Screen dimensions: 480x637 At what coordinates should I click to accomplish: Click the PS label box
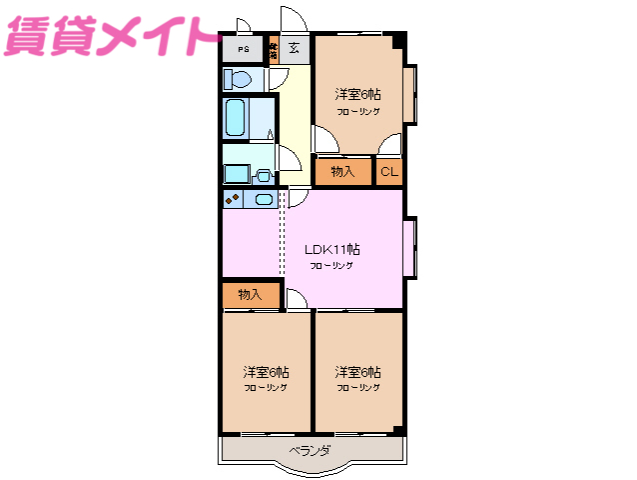(x=243, y=47)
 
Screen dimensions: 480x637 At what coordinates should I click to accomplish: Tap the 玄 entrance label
(x=295, y=47)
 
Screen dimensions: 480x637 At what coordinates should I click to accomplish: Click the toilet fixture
(x=239, y=79)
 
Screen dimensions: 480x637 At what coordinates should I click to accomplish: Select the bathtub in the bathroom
(x=237, y=119)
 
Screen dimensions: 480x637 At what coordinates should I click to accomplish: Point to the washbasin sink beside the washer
(x=265, y=175)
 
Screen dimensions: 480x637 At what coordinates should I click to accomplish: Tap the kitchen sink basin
(x=263, y=198)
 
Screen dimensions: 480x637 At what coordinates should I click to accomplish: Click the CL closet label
(x=389, y=172)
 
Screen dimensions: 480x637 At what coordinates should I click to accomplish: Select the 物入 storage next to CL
(x=342, y=172)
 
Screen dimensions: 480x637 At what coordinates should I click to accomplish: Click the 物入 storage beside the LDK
(x=250, y=294)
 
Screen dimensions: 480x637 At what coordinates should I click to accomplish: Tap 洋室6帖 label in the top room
(x=357, y=94)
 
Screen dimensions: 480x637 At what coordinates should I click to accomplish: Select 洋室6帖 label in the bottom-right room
(x=357, y=370)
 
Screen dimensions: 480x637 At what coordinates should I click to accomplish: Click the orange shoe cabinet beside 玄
(x=273, y=47)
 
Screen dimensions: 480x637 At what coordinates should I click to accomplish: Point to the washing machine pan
(x=236, y=173)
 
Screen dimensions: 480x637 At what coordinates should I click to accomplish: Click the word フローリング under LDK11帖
(x=330, y=266)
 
